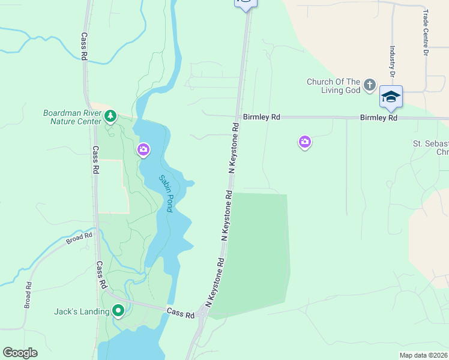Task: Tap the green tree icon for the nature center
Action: [x=110, y=116]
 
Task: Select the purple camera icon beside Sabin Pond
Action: [x=143, y=149]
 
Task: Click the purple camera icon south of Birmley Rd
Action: [x=305, y=142]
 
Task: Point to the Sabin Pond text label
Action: [x=166, y=193]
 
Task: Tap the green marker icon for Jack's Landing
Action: [x=118, y=311]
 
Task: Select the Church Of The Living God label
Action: [x=333, y=86]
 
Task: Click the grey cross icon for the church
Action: [x=369, y=85]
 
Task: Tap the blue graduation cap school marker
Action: [x=391, y=97]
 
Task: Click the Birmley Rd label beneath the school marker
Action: [x=379, y=118]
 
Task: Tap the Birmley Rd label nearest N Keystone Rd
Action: [x=261, y=118]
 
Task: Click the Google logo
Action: [x=20, y=353]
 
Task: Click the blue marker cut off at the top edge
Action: [x=245, y=4]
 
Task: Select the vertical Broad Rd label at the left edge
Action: [x=28, y=295]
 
